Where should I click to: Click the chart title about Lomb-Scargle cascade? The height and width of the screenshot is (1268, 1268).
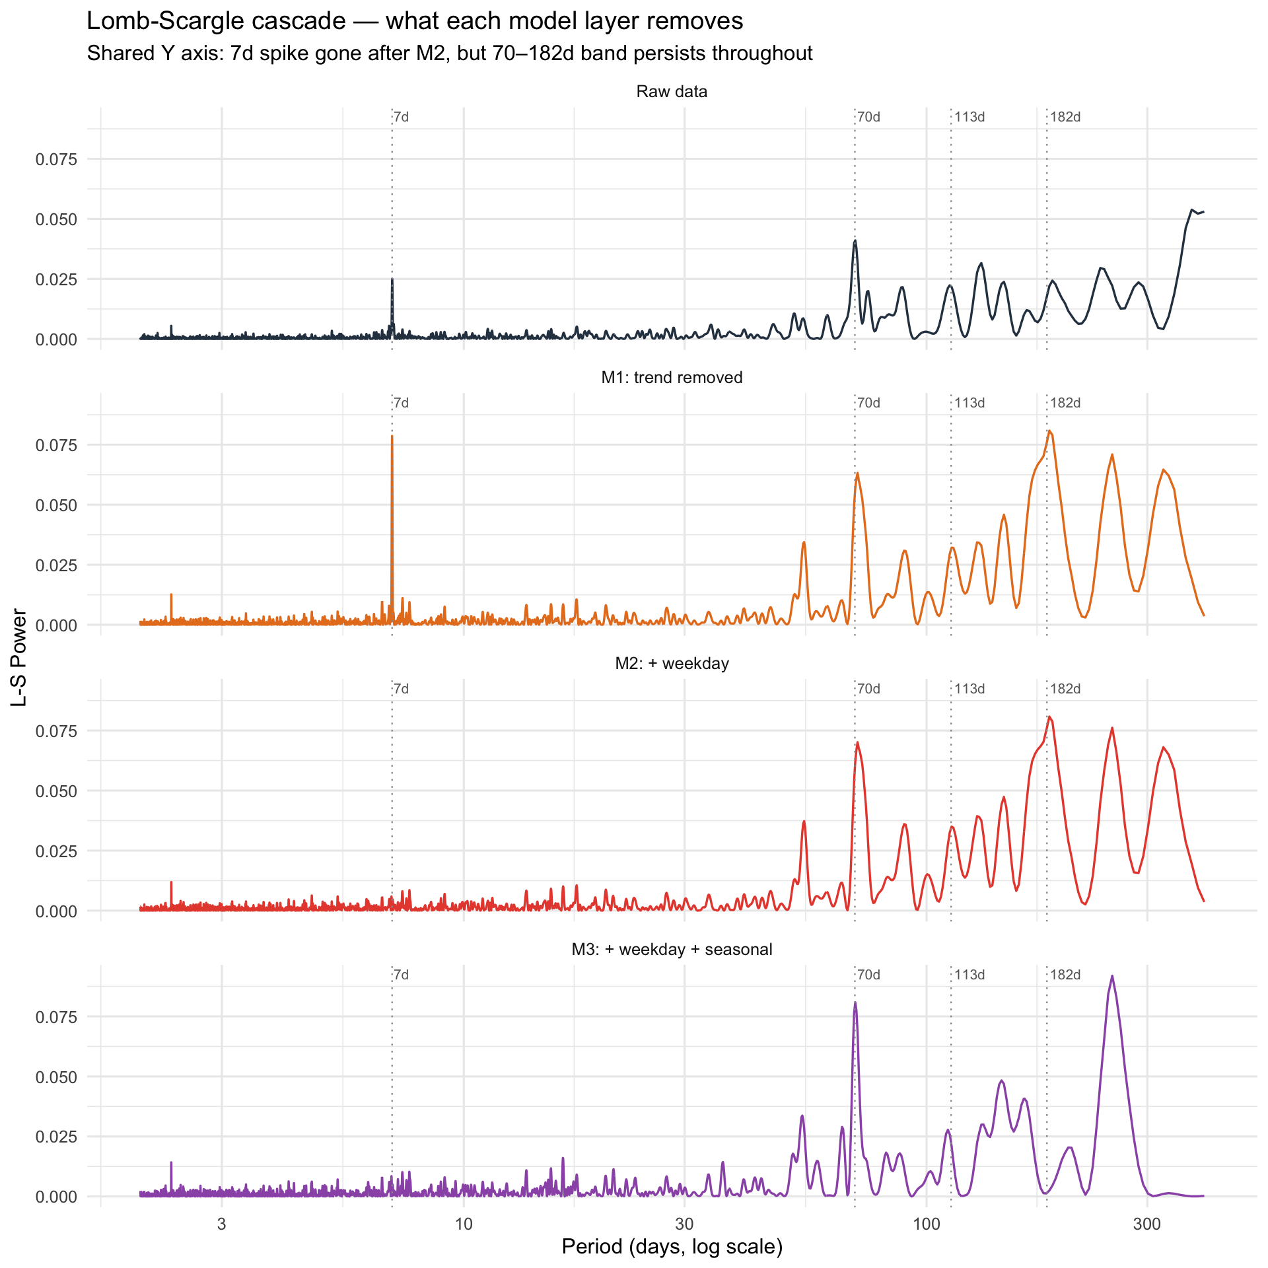coord(415,22)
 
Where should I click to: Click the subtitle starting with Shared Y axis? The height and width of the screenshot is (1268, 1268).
coord(449,53)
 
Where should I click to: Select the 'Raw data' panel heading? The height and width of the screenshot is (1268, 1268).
coord(672,92)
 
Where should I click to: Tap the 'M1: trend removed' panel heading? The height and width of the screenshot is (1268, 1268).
coord(672,378)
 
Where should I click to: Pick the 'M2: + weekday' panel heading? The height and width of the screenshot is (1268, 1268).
coord(672,664)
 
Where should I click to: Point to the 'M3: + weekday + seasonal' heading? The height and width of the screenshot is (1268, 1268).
coord(672,950)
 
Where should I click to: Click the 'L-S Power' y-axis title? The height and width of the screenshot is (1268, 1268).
coord(20,658)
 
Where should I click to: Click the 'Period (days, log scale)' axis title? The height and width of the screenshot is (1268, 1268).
coord(672,1247)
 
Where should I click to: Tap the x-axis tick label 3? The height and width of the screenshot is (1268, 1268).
coord(221,1224)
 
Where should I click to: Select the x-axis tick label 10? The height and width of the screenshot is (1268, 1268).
coord(464,1224)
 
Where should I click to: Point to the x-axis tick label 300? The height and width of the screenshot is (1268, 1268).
coord(1147,1224)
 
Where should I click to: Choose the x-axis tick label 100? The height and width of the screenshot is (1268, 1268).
coord(926,1224)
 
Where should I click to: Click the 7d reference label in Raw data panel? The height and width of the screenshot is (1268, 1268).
coord(401,118)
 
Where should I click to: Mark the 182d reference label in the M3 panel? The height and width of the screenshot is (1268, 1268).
coord(1065,975)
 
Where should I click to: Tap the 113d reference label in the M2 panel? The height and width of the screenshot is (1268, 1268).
coord(969,689)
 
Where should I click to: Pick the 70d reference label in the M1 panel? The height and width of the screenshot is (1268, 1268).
coord(868,404)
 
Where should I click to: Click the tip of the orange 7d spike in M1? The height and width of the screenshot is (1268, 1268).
coord(392,437)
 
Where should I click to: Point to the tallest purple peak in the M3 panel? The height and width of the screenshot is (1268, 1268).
coord(1112,977)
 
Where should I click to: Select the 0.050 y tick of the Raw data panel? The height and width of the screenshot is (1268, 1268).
coord(56,219)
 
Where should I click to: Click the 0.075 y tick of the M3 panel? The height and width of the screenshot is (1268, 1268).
coord(56,1017)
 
